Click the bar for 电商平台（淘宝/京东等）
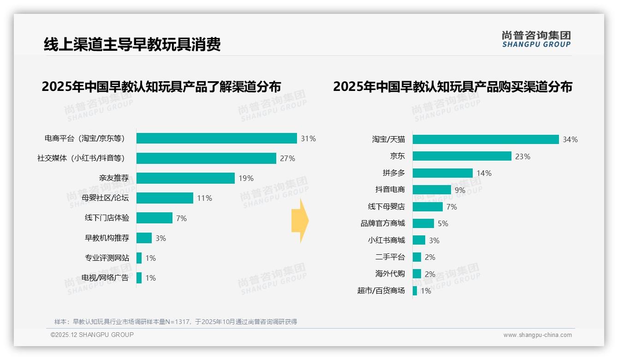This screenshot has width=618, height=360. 216,138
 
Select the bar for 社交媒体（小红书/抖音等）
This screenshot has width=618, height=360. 206,158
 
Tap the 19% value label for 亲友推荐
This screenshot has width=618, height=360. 246,178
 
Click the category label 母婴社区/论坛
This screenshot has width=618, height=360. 105,198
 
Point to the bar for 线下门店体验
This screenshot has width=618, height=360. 154,218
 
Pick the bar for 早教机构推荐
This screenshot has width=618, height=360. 144,238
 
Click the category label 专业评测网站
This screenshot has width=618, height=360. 107,258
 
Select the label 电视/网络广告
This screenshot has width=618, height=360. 105,278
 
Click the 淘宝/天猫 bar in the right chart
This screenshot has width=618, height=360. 486,139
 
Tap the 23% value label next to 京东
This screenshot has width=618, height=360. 523,156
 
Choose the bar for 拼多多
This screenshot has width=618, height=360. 442,173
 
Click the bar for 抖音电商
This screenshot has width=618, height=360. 432,190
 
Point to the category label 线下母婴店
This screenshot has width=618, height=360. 386,207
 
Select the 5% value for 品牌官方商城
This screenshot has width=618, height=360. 443,223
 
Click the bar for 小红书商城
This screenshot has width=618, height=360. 419,240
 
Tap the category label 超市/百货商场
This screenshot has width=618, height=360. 381,291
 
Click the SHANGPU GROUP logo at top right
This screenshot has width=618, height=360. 536,39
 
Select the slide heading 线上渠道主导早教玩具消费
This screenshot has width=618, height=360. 132,44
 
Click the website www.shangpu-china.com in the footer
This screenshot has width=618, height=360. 537,335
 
